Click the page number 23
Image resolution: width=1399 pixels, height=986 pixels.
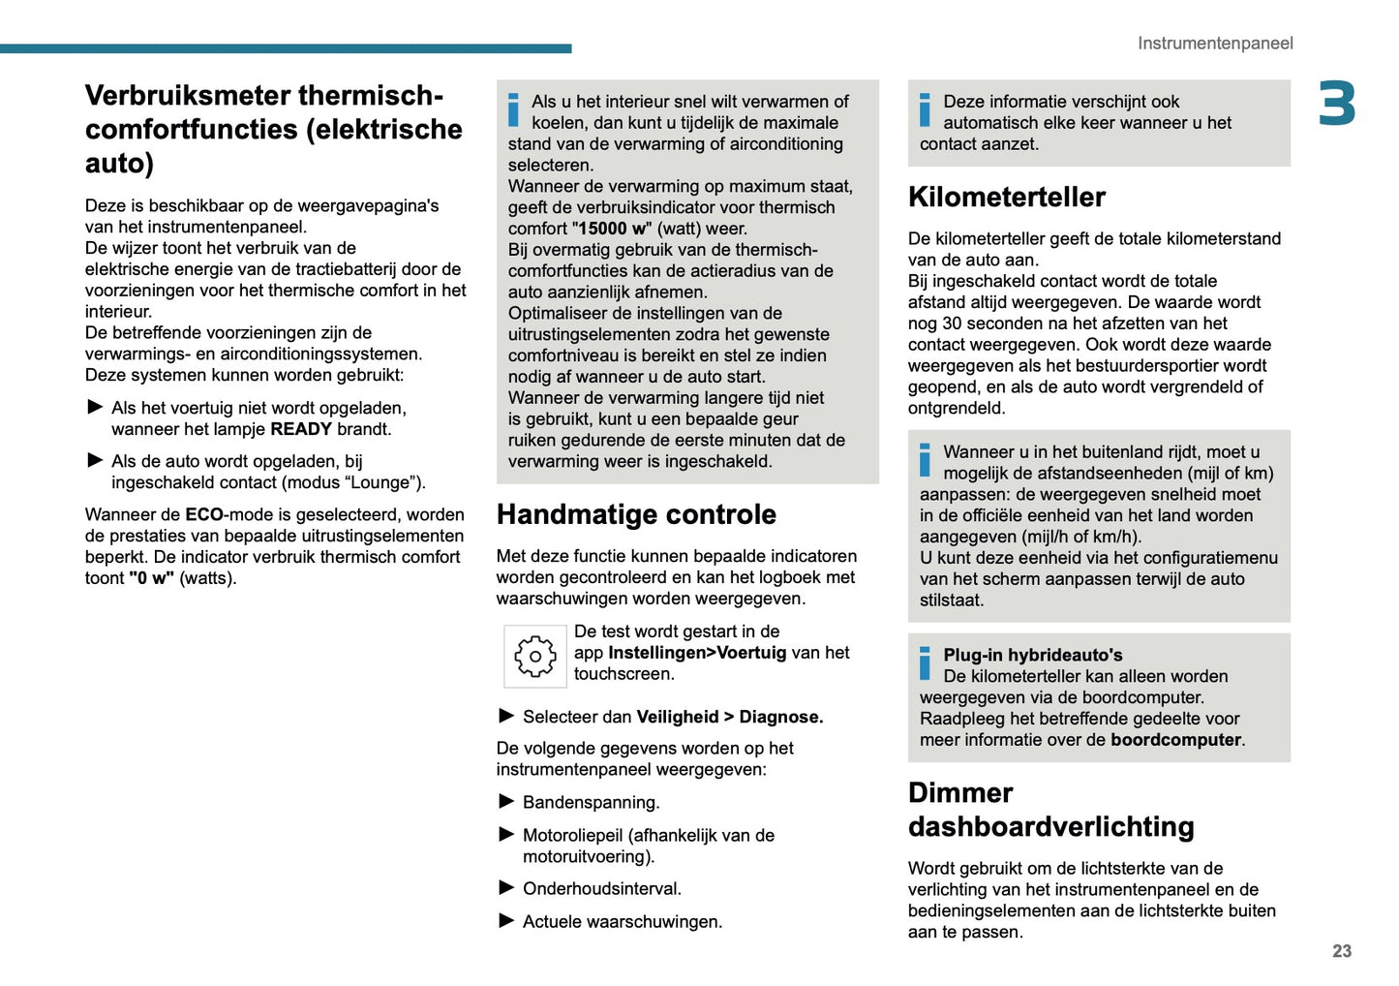coord(1341,951)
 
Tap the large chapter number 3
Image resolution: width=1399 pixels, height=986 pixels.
coord(1336,105)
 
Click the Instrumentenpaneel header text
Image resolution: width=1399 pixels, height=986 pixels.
coord(1214,44)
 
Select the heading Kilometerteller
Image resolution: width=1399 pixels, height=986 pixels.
coord(1006,197)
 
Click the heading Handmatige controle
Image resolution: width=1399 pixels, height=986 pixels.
coord(636,514)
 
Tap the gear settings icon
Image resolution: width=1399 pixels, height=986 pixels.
coord(534,657)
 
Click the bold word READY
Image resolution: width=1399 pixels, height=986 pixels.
coord(301,429)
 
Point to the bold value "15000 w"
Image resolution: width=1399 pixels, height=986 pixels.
coord(612,229)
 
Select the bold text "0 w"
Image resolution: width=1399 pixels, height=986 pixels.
coord(151,578)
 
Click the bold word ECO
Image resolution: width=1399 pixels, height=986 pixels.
coord(204,514)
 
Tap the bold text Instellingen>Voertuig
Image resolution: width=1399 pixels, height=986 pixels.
coord(697,653)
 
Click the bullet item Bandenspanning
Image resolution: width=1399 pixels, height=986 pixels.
coord(591,802)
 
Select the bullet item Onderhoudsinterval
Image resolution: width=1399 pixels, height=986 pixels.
coord(601,888)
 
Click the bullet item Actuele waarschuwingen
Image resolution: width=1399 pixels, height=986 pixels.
coord(622,921)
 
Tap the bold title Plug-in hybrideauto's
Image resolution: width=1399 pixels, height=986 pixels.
coord(1032,655)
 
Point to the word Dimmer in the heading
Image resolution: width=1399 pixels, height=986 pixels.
coord(959,792)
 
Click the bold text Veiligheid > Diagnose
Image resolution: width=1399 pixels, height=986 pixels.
coord(729,717)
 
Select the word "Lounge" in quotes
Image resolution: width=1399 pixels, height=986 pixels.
coord(384,482)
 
